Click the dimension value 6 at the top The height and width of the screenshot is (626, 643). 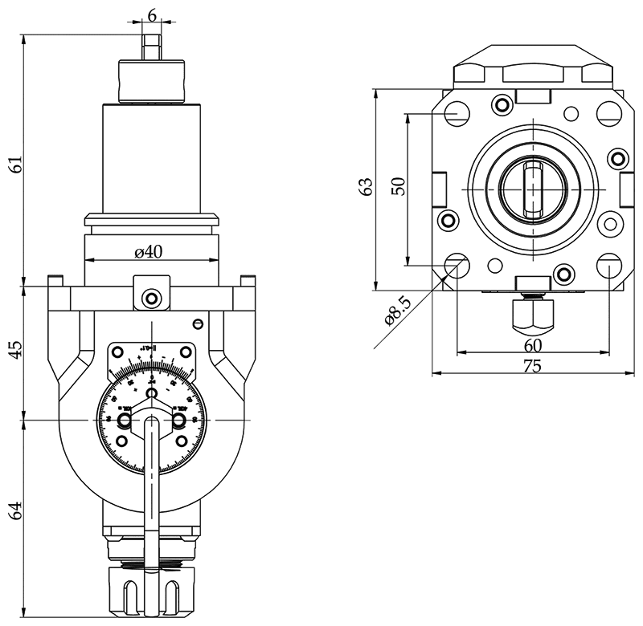point(151,15)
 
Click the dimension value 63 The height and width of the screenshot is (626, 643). point(367,187)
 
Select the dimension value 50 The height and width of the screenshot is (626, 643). point(397,186)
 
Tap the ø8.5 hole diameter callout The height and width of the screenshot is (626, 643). point(399,311)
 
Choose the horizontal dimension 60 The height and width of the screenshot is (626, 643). point(532,345)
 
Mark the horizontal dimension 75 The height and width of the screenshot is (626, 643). point(531,366)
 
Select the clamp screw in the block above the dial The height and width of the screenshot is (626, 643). point(151,299)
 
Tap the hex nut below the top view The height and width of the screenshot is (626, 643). point(532,314)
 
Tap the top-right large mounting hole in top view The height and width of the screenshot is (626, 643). point(608,113)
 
